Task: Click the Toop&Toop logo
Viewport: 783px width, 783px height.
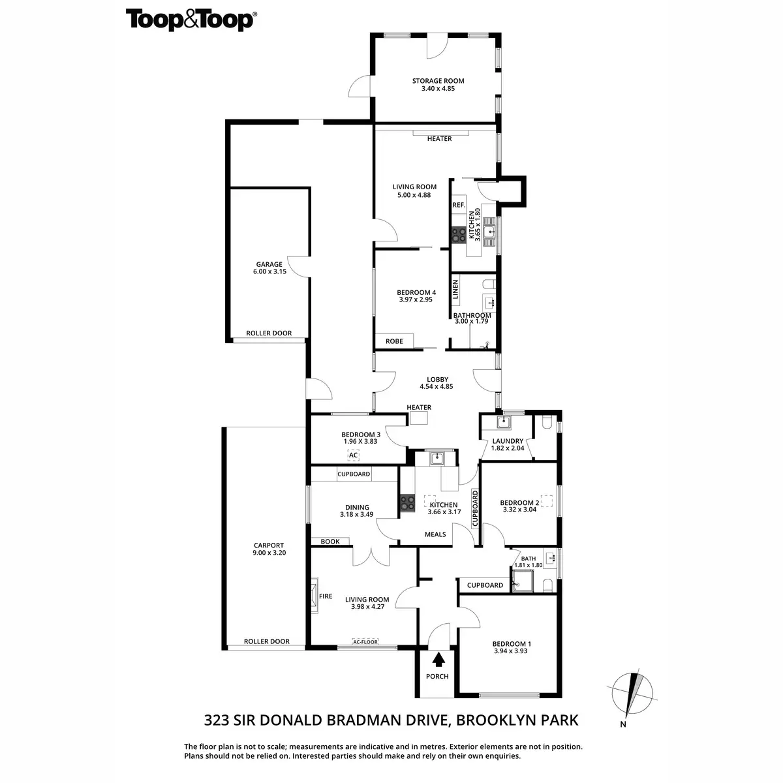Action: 190,20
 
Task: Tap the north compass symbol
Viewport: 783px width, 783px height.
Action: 632,694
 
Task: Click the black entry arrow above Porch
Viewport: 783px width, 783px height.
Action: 437,659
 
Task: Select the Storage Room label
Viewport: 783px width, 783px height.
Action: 438,85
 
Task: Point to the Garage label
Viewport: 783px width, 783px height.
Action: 269,268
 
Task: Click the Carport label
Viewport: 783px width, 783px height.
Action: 269,549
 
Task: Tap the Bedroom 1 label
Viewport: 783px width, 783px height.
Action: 510,647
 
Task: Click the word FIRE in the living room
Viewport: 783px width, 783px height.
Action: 326,596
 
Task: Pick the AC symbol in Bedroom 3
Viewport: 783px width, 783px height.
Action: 353,455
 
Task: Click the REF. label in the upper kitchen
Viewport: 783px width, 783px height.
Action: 459,205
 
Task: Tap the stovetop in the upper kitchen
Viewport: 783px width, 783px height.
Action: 457,234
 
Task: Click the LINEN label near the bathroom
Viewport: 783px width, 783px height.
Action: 456,289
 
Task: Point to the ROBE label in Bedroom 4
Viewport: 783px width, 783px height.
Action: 394,341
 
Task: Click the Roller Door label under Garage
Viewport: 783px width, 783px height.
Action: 269,333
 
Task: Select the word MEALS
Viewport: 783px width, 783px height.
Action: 435,534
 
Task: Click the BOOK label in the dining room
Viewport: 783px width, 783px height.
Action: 330,541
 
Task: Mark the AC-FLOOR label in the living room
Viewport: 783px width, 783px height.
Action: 365,641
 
